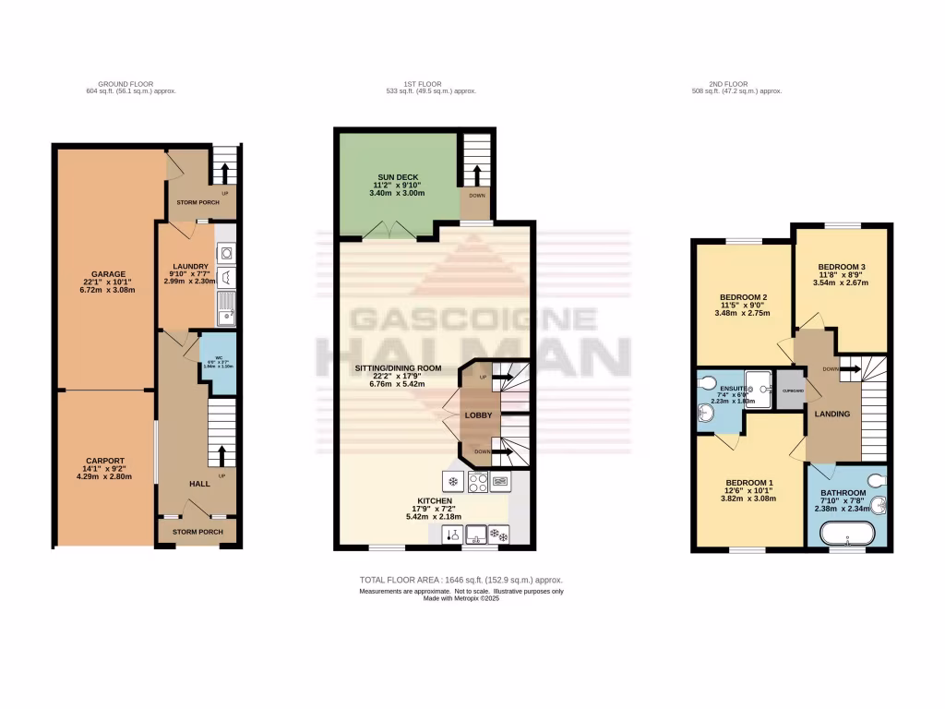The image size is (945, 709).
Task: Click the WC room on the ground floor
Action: point(220,362)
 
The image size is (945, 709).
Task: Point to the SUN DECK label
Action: point(398,175)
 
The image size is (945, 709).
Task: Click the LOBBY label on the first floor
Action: point(478,415)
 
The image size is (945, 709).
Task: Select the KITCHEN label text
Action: point(433,500)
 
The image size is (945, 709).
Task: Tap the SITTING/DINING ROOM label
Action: point(399,367)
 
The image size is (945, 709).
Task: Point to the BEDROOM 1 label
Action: point(749,483)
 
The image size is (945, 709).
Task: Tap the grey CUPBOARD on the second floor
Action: point(790,391)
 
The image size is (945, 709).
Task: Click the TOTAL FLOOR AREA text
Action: point(461,580)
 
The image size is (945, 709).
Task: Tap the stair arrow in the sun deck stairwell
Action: point(476,173)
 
